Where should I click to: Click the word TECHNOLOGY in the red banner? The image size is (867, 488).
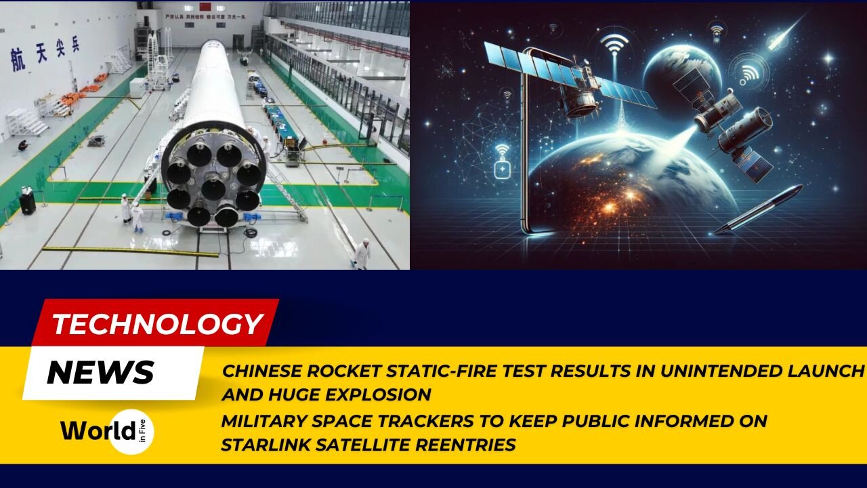pos(157,324)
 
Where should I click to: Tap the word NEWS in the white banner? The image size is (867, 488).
pos(100,372)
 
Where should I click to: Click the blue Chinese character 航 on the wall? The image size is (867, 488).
pos(18,60)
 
